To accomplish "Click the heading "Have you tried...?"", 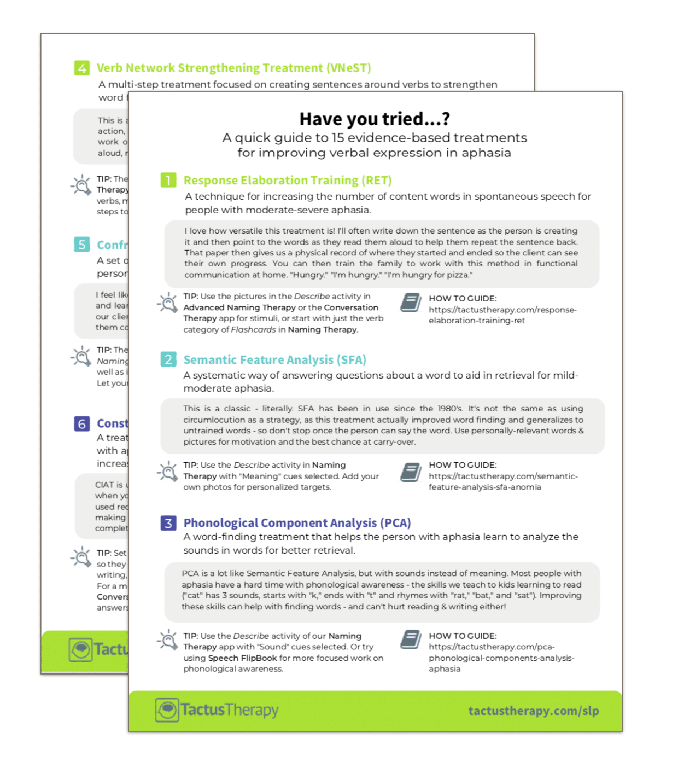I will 375,119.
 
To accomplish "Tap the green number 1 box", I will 168,180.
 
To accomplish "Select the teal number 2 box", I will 168,359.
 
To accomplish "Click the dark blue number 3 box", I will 168,523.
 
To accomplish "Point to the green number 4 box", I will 82,68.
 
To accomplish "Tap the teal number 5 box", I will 82,245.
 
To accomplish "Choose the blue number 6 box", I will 82,423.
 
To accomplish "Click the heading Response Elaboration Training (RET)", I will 288,180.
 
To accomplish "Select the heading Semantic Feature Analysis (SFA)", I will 274,359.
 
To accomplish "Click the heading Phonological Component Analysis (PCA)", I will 297,523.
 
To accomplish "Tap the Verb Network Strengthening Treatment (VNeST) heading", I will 234,68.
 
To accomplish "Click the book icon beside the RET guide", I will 411,303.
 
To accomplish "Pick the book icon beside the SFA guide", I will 411,472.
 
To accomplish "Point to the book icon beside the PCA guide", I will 411,640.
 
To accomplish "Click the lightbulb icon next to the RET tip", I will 168,303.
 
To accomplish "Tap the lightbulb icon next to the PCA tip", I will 168,640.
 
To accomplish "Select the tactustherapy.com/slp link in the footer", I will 534,711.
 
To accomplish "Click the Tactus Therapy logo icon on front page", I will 167,710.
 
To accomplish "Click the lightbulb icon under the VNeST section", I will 81,185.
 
